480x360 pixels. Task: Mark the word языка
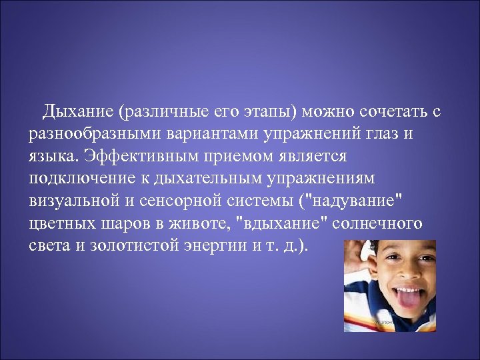[51, 155]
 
